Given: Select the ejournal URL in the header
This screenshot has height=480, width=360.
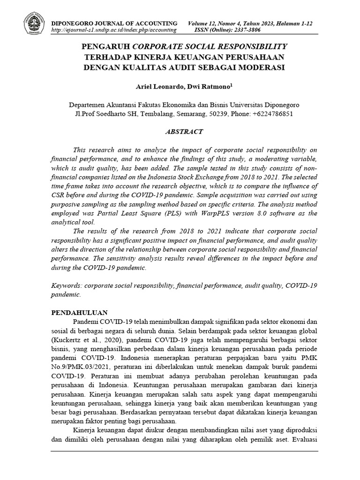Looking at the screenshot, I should coord(113,30).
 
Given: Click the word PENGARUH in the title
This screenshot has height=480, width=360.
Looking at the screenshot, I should coord(106,47).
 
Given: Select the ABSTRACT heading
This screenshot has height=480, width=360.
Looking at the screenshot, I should coord(184,132).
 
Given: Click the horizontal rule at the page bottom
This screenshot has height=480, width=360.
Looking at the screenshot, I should coord(184,451).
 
